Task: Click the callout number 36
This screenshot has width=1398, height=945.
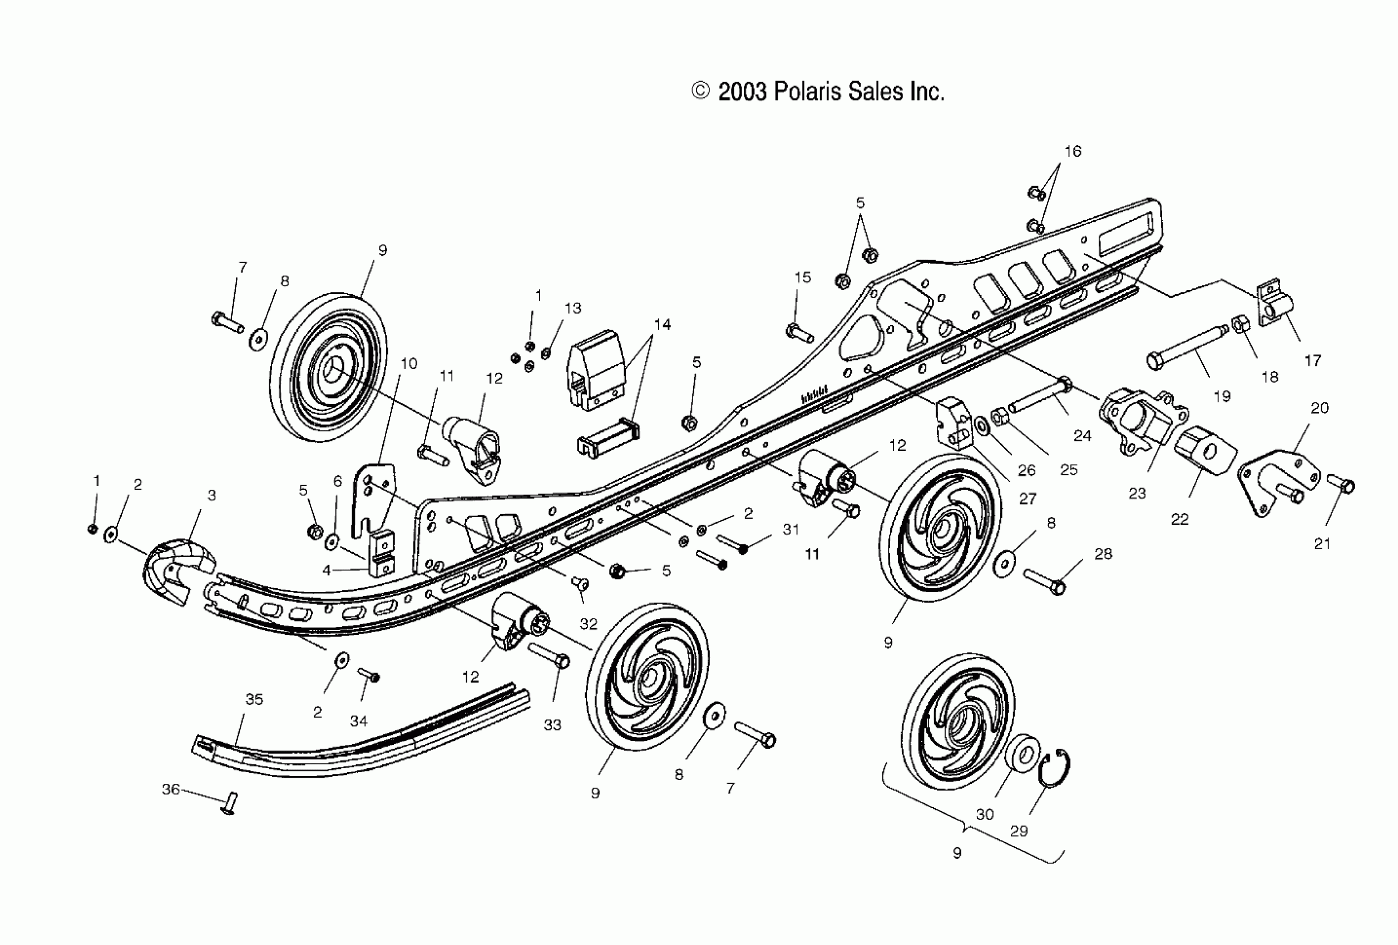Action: (x=171, y=789)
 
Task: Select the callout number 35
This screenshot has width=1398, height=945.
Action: (x=254, y=699)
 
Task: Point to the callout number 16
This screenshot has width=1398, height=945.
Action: (x=1073, y=152)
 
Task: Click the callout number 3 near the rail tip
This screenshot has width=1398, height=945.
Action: (x=212, y=495)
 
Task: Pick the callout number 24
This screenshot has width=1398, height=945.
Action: (x=1082, y=436)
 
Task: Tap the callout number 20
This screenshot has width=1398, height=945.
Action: (x=1319, y=408)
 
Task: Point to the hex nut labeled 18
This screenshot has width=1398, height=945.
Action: (x=1241, y=325)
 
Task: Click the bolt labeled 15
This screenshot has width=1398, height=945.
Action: (x=799, y=332)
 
